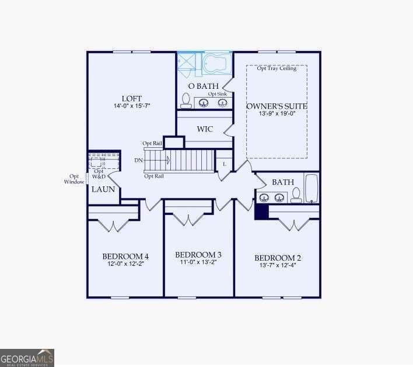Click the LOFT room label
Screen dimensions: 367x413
[x=132, y=98]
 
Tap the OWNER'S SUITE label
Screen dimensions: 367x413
[x=276, y=106]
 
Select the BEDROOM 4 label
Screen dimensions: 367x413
[x=125, y=256]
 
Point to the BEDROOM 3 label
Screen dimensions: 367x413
[x=198, y=255]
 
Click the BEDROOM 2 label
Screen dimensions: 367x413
[x=278, y=258]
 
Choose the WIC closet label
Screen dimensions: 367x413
[x=204, y=129]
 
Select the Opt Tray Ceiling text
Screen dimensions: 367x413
[x=277, y=68]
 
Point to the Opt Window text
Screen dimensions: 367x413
[x=75, y=179]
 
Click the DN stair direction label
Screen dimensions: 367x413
[x=138, y=160]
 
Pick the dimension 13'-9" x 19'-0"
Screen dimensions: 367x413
[x=276, y=115]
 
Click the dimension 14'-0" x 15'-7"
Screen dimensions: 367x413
[x=132, y=106]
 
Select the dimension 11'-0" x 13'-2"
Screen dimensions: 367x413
[x=198, y=263]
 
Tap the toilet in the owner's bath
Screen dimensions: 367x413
[x=186, y=101]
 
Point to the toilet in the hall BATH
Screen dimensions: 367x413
[x=296, y=194]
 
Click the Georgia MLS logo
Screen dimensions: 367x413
[x=27, y=356]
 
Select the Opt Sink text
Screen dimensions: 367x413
[x=218, y=94]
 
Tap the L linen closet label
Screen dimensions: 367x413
[x=225, y=164]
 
